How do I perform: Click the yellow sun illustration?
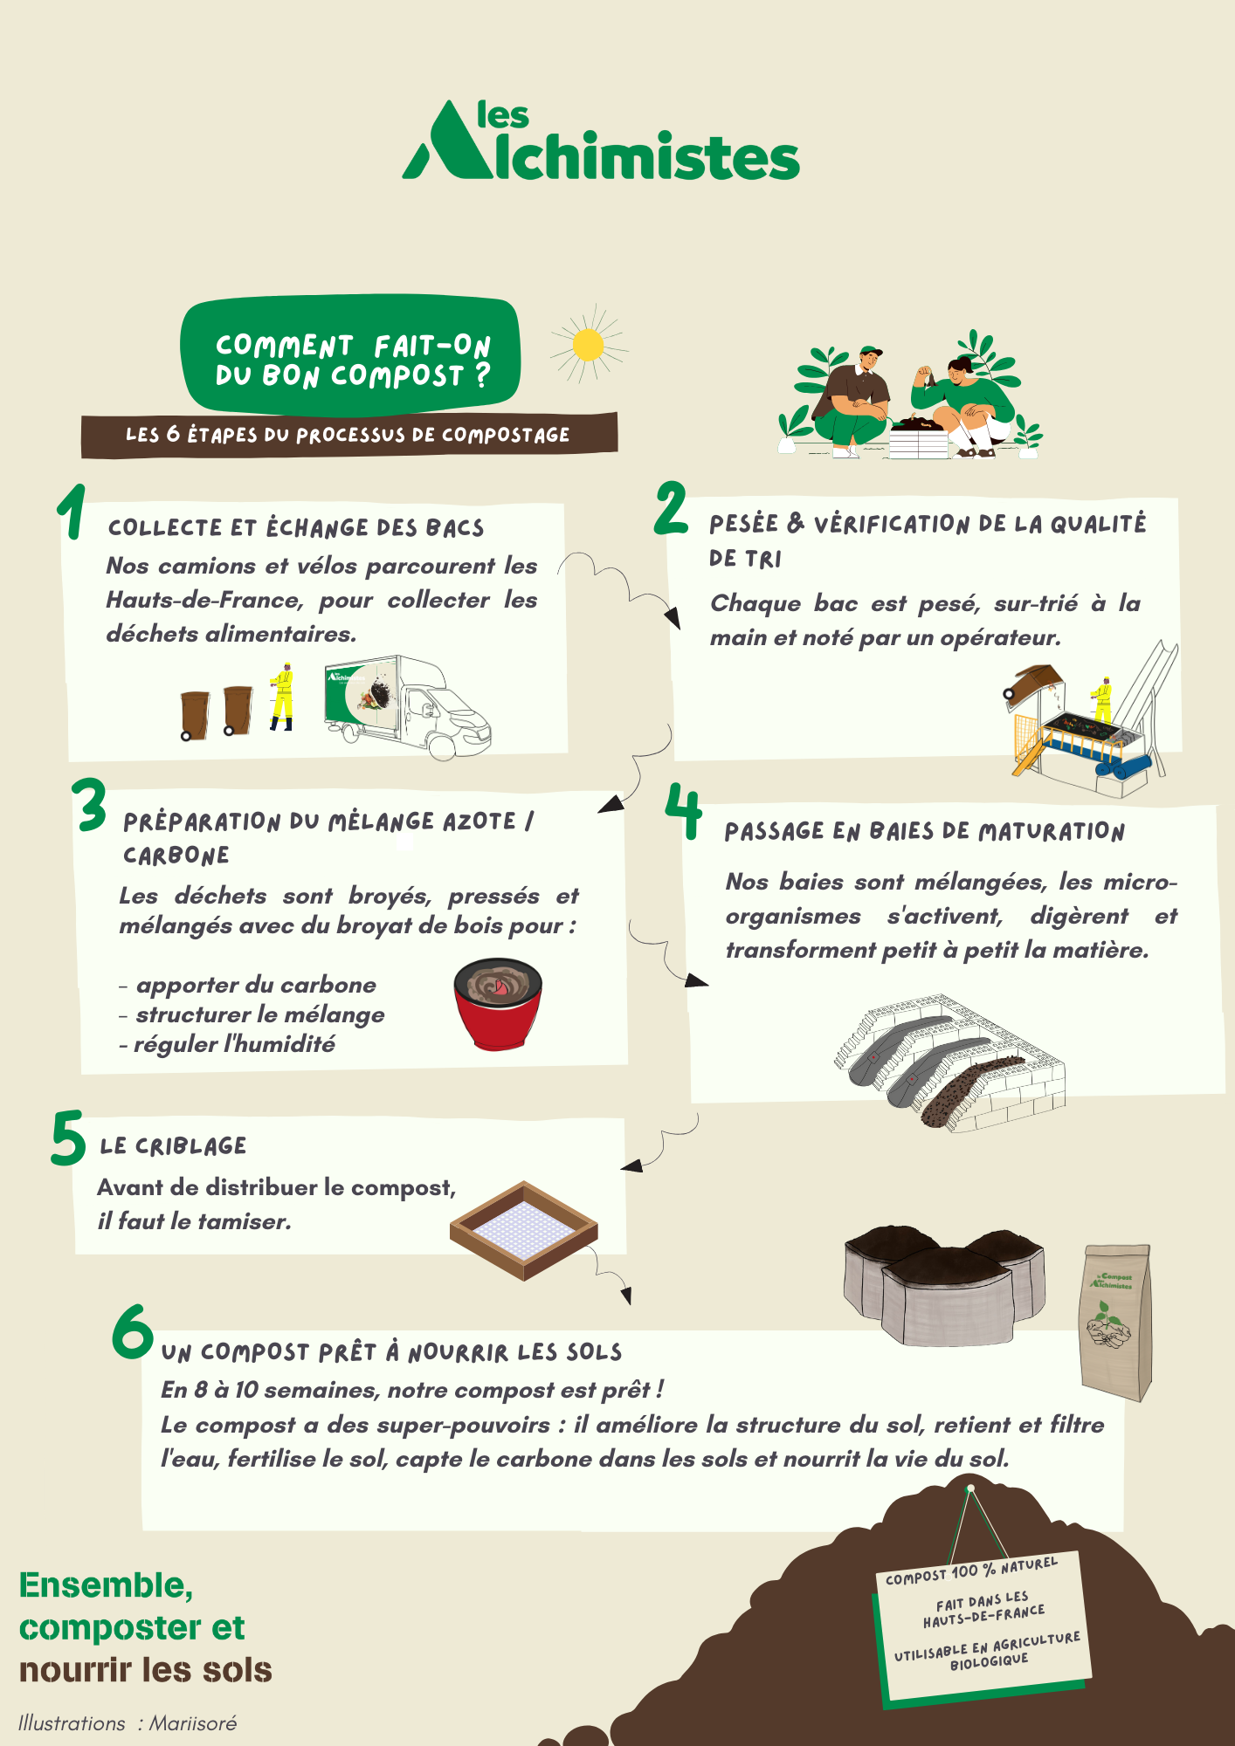point(589,344)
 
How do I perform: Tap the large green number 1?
point(72,512)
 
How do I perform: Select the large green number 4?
point(683,811)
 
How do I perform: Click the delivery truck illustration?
point(407,707)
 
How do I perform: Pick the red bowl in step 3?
point(498,1003)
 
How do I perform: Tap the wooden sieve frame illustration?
point(524,1230)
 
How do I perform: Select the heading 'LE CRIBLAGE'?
point(173,1146)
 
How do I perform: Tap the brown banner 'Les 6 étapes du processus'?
point(349,434)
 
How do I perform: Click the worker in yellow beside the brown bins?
point(281,696)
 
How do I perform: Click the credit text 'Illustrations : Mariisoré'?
point(128,1722)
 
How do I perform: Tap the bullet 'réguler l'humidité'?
point(227,1044)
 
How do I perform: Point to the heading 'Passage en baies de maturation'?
point(924,831)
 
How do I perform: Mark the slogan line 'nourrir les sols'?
point(146,1669)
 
